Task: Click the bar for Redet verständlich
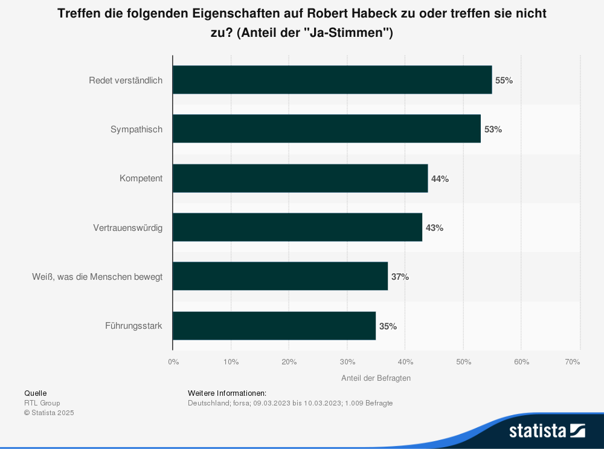[x=332, y=80]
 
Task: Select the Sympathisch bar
[x=326, y=129]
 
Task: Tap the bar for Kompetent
[x=300, y=178]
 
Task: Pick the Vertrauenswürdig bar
[x=297, y=227]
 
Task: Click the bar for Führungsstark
[x=274, y=326]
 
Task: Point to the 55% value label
[x=504, y=80]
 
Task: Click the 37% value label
[x=400, y=277]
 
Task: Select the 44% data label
[x=440, y=179]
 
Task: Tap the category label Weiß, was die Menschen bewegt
[x=97, y=277]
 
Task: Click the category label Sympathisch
[x=137, y=129]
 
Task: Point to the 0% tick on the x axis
[x=173, y=361]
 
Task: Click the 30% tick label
[x=347, y=361]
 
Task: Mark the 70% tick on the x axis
[x=573, y=361]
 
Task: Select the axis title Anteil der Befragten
[x=376, y=378]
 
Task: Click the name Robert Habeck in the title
[x=345, y=14]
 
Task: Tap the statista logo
[x=546, y=430]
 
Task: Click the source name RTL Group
[x=42, y=403]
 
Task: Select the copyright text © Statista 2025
[x=49, y=413]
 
